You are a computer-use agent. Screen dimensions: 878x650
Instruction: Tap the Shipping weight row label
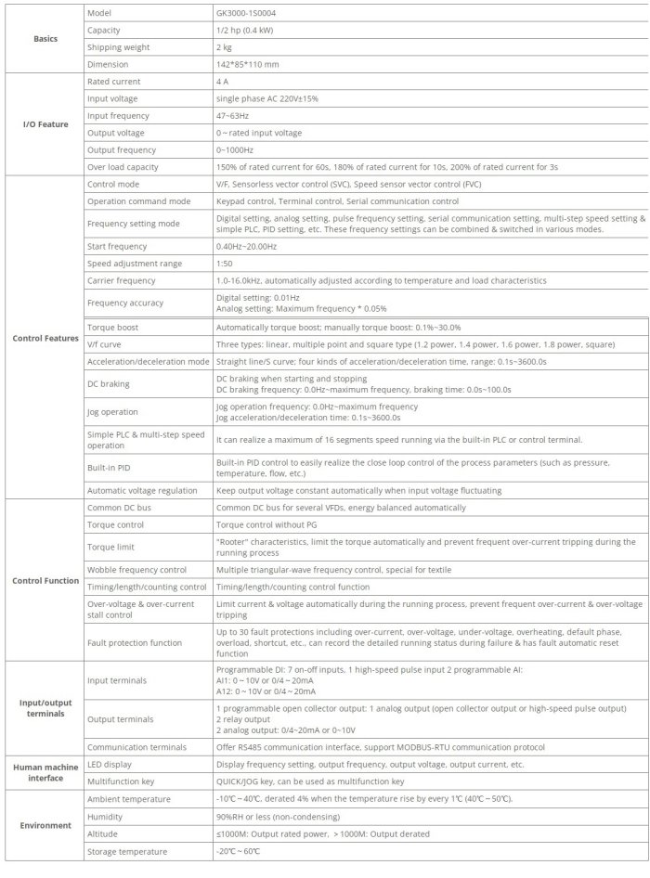click(x=120, y=47)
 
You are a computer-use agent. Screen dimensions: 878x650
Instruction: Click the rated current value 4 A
click(x=223, y=82)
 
